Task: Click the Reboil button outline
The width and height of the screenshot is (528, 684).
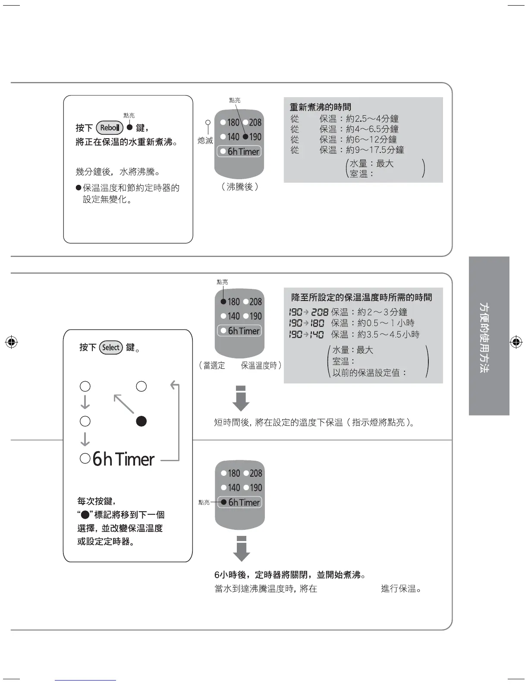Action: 110,128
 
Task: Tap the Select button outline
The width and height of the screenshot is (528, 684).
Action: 111,348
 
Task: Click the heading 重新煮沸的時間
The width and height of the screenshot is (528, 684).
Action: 320,107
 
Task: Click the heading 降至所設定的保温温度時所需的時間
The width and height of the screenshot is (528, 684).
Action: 361,298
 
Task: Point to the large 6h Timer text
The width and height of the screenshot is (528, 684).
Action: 123,459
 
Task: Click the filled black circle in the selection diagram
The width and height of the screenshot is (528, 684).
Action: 141,421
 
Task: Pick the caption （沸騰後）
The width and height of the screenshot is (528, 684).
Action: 239,187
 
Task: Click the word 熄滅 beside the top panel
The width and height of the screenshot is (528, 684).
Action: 205,141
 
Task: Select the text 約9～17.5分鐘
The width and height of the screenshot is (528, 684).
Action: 375,150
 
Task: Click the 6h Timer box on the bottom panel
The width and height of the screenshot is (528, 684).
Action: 239,502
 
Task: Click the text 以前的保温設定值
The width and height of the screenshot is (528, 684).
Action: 369,373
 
